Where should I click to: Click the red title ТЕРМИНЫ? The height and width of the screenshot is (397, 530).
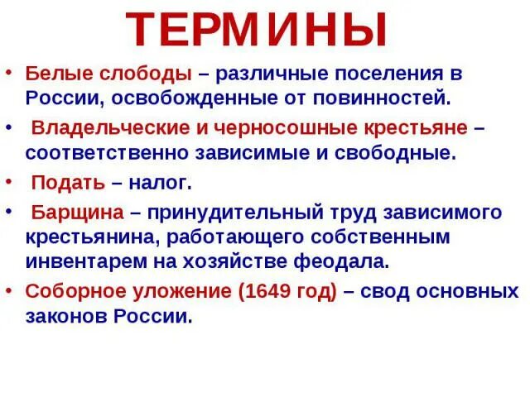coord(258,30)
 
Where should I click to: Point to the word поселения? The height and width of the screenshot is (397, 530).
coord(383,73)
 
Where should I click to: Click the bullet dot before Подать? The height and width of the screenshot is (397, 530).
coord(8,179)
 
